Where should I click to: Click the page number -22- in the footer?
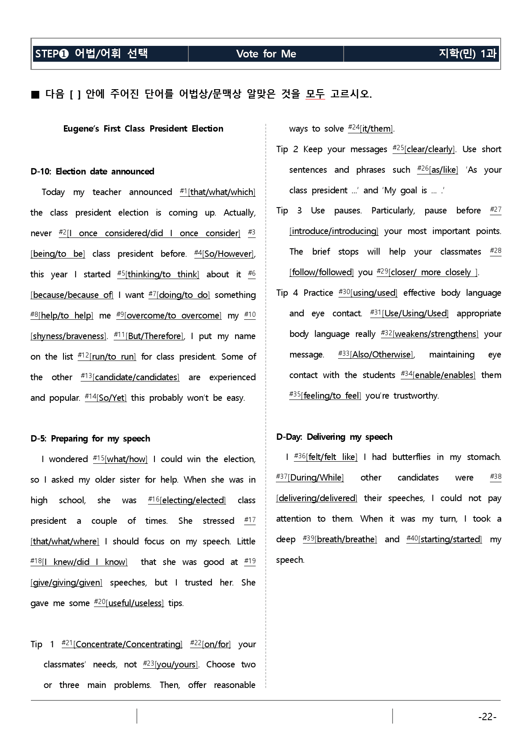(487, 717)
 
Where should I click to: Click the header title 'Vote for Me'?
(266, 54)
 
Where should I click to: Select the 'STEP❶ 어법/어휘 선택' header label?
(91, 54)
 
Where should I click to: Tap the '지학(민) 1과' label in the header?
(467, 54)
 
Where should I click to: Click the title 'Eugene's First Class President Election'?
(143, 129)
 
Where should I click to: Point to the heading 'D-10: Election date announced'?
(92, 171)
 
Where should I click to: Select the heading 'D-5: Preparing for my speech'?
(90, 439)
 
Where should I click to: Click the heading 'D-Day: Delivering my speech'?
(334, 437)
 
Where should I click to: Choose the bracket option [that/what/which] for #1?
(222, 192)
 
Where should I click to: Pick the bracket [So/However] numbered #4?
(228, 254)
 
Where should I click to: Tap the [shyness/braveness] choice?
(68, 336)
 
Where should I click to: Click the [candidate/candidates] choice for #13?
(136, 377)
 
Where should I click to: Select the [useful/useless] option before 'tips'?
(135, 603)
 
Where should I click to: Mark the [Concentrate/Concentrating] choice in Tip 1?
(128, 644)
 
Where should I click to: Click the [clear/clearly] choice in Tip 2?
(429, 149)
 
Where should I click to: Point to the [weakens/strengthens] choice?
(435, 334)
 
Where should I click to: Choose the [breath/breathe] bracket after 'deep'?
(346, 539)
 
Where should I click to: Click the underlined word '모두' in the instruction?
(315, 94)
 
